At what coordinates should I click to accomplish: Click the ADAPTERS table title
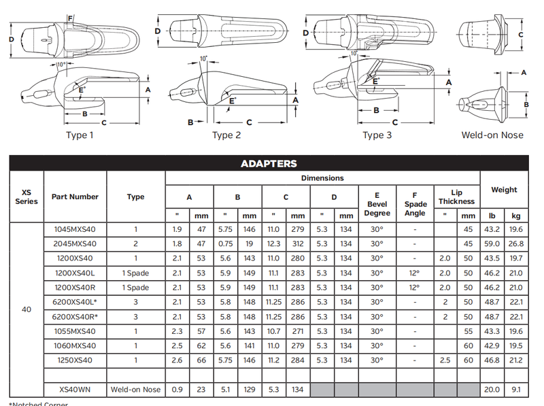click(x=269, y=163)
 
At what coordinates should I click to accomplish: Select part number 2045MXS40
click(x=75, y=243)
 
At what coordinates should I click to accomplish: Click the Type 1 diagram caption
click(x=80, y=135)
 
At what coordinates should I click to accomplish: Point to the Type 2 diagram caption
click(x=226, y=135)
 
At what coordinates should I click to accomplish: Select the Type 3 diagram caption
click(x=377, y=135)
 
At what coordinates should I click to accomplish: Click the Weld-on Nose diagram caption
click(x=492, y=135)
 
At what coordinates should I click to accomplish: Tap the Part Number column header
click(x=75, y=197)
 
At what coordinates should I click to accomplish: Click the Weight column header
click(x=504, y=190)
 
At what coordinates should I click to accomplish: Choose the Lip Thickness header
click(x=456, y=197)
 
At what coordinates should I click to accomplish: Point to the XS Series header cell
click(x=26, y=197)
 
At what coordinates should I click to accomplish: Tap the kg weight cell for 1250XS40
click(x=516, y=359)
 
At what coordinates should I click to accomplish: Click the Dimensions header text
click(x=322, y=178)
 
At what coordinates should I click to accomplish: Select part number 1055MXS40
click(x=75, y=331)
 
